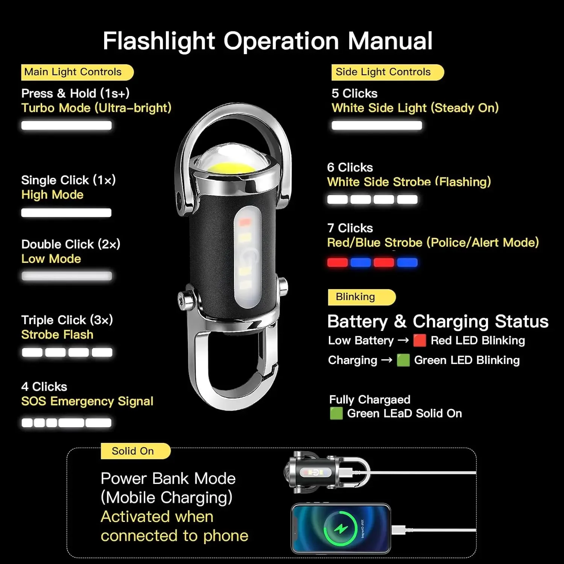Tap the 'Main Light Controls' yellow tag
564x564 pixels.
pos(77,72)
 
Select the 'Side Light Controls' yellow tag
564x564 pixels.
pos(387,72)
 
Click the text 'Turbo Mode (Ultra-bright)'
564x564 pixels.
pos(96,108)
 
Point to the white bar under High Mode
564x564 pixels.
pos(66,213)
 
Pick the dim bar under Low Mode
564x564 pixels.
pos(67,276)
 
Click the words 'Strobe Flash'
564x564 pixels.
pos(57,335)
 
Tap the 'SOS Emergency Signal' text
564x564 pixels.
pos(87,401)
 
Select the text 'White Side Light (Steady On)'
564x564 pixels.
pos(415,108)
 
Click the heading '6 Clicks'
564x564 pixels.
pos(350,167)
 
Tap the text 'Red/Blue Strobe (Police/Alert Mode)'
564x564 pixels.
pos(433,243)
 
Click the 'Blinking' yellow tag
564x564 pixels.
pos(361,297)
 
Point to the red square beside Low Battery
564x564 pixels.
pos(420,340)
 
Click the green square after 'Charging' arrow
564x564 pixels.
pos(403,360)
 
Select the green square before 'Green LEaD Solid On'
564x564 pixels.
pos(336,413)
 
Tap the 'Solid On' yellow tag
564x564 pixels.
pos(135,451)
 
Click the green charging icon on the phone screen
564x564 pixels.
pos(341,528)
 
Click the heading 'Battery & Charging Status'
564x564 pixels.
pos(438,321)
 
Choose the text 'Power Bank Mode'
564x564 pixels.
pos(168,479)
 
